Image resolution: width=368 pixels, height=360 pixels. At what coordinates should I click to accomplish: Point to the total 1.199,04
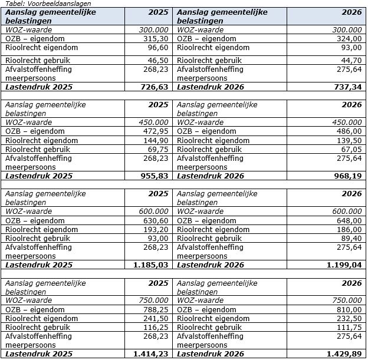[x=344, y=265]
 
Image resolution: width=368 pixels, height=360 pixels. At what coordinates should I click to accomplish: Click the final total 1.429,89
[x=344, y=354]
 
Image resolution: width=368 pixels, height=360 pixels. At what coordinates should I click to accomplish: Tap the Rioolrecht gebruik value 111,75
[x=351, y=327]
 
